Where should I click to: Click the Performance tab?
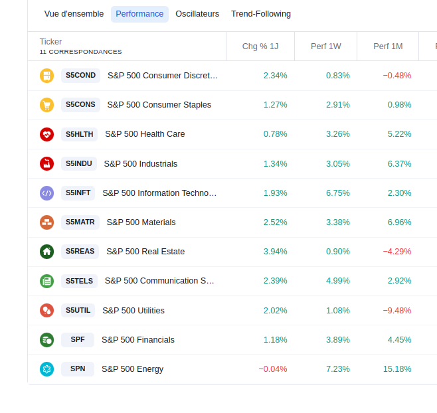[139, 14]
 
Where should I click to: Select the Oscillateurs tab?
[197, 14]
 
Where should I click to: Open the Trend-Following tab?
[261, 14]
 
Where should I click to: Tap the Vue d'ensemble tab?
[74, 14]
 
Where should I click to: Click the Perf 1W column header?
[325, 46]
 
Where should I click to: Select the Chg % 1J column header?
[260, 46]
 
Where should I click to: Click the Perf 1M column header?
[388, 46]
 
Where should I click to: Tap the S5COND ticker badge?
[81, 76]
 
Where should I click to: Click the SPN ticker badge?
[78, 369]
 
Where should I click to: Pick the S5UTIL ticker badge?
[78, 311]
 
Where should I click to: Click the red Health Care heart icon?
[46, 134]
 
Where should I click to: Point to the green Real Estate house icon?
[46, 252]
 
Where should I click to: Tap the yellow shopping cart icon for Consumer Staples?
[46, 105]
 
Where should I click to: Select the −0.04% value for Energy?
[273, 369]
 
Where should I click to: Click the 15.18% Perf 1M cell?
[397, 369]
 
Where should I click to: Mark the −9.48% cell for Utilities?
[397, 311]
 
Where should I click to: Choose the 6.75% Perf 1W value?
[337, 193]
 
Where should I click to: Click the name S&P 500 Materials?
[141, 222]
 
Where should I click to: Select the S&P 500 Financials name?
[138, 340]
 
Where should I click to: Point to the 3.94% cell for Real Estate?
[275, 252]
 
